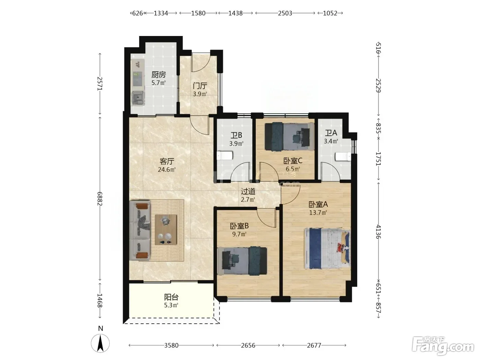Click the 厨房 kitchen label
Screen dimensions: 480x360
coord(158,74)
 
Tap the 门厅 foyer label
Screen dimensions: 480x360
coord(200,86)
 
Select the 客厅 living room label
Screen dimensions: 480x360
coord(167,161)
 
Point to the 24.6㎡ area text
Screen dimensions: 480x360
coord(167,170)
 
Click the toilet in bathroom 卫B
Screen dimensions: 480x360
coord(225,156)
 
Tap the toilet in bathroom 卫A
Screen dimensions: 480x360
coord(343,157)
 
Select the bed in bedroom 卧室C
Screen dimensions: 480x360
coord(289,137)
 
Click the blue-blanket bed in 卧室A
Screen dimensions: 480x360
coord(327,249)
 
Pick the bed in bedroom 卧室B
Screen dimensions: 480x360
coord(242,261)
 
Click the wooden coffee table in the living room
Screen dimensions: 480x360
coord(166,230)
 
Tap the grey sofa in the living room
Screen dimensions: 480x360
coord(140,230)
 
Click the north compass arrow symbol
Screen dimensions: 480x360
coord(100,343)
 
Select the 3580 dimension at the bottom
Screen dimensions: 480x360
coord(171,345)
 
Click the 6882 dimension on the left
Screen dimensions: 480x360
coord(100,199)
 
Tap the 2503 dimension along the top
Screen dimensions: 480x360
coord(285,13)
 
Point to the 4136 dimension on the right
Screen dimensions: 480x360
coord(379,232)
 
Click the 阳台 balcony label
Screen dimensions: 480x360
coord(171,297)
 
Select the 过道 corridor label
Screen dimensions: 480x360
coord(248,191)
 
